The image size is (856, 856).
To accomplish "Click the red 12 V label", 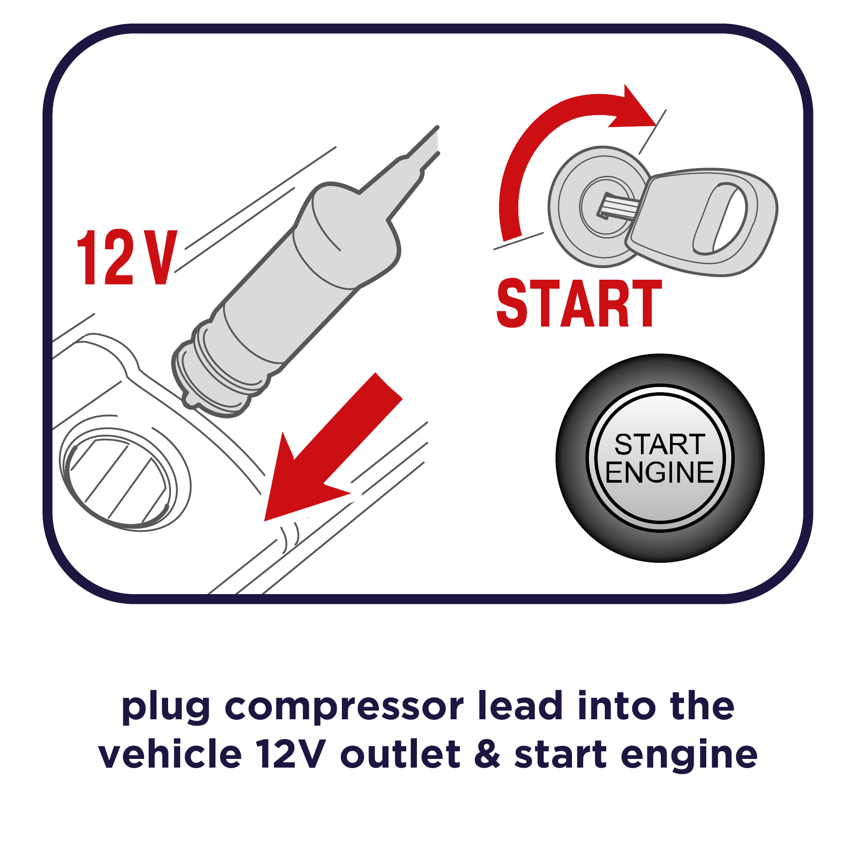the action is pyautogui.click(x=127, y=257).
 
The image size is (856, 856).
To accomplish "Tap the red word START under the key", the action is pyautogui.click(x=579, y=303).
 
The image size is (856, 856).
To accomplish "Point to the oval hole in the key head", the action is pyautogui.click(x=720, y=218).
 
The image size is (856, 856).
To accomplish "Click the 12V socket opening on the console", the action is pyautogui.click(x=118, y=481).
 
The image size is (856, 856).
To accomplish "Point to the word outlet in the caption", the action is pyautogui.click(x=400, y=753).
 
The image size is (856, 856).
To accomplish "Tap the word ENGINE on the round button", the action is pyautogui.click(x=660, y=472).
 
